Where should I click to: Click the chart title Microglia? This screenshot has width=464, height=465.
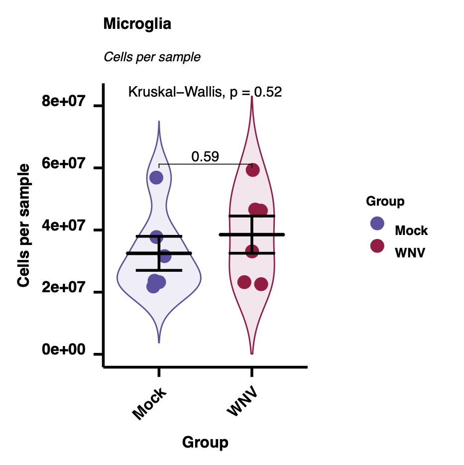click(137, 24)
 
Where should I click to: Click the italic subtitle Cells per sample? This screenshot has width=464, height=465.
click(152, 57)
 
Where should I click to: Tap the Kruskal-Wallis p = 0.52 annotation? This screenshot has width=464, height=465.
click(205, 92)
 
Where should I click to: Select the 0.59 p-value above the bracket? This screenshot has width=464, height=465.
click(205, 157)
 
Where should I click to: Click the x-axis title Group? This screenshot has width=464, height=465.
click(205, 442)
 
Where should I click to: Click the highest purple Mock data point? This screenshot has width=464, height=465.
click(156, 178)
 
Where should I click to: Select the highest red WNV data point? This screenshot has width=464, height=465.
click(252, 170)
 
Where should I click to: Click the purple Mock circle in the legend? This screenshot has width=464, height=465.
click(377, 224)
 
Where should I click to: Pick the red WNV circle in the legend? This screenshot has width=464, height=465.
click(377, 245)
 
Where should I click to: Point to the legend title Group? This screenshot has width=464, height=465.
click(385, 202)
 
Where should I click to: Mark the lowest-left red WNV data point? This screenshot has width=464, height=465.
click(244, 282)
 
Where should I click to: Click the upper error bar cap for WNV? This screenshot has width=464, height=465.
click(252, 216)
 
